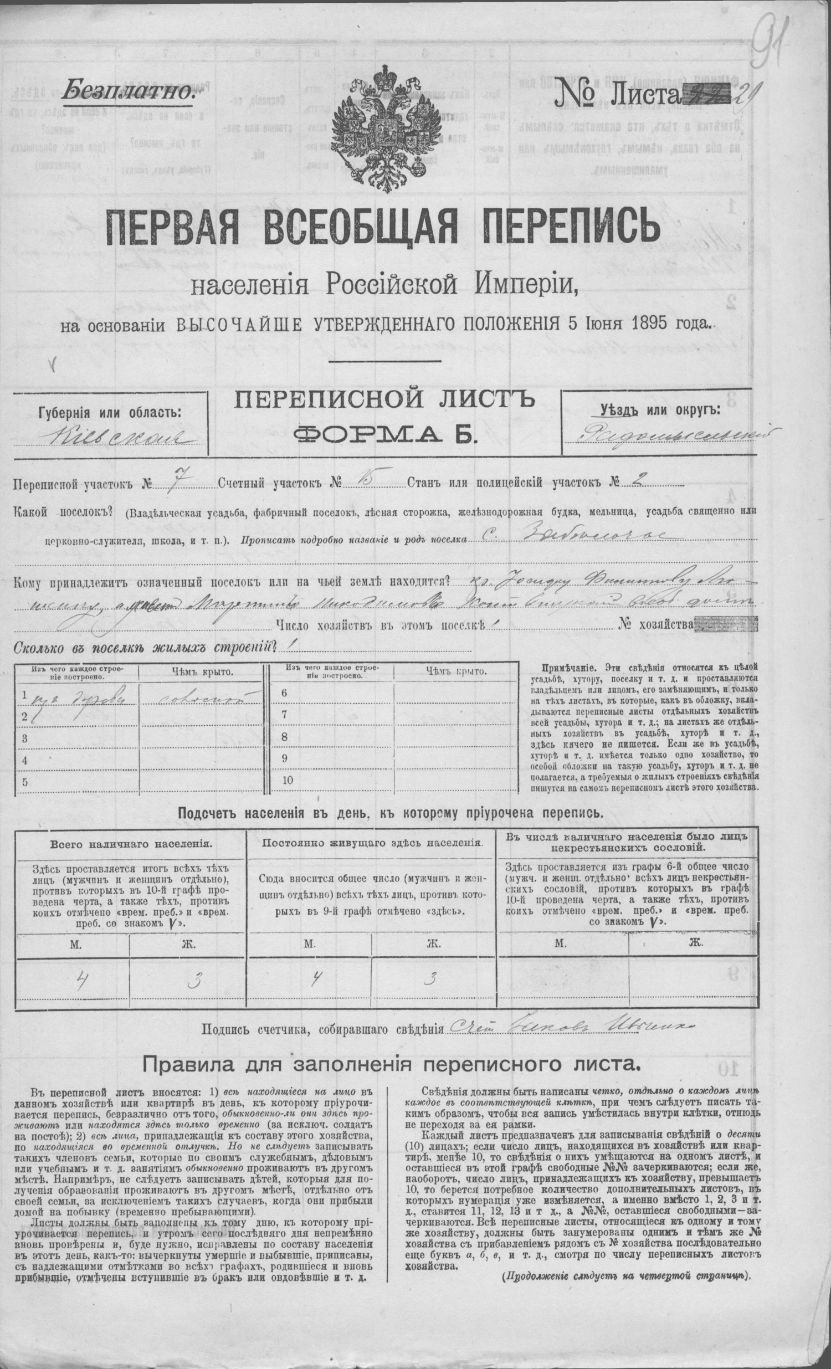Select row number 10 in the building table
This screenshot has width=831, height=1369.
click(x=287, y=780)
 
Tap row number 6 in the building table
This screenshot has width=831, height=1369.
click(x=284, y=693)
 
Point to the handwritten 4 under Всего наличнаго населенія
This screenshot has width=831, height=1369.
click(x=80, y=981)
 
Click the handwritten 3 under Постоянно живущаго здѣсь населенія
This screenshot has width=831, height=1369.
click(x=429, y=980)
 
